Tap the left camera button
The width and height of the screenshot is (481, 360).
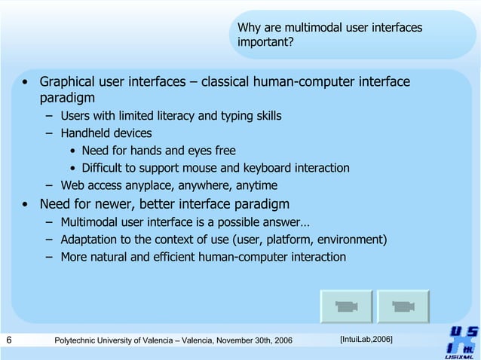point(345,307)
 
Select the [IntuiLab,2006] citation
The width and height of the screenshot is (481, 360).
point(366,340)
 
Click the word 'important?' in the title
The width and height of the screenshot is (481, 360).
point(265,42)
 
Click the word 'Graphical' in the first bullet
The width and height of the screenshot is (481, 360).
point(69,81)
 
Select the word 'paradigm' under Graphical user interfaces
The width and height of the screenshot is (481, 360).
point(67,98)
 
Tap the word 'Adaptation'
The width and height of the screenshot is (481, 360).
point(90,239)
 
